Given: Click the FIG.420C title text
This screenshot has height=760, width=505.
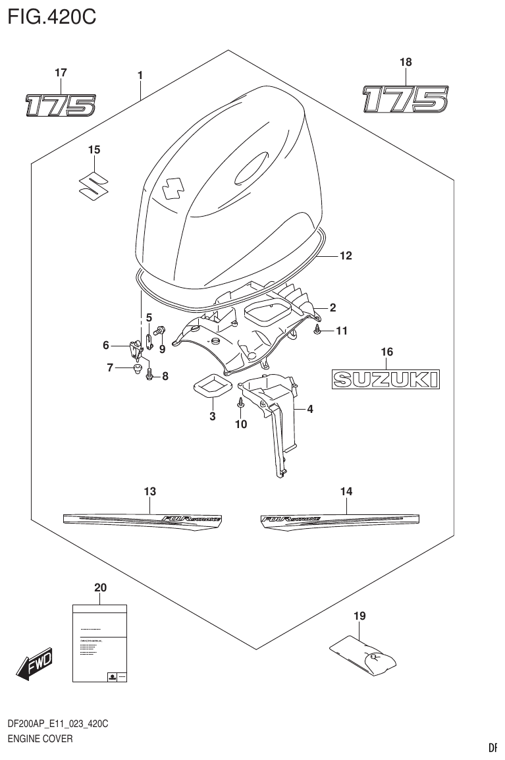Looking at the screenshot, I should pyautogui.click(x=51, y=16).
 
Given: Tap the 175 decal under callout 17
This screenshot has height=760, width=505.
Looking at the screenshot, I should pyautogui.click(x=61, y=105).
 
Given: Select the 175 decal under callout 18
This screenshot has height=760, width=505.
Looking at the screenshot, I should pyautogui.click(x=405, y=99).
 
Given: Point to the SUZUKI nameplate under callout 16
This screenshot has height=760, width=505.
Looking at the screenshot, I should pyautogui.click(x=385, y=379).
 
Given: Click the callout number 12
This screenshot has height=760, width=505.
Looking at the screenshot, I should pyautogui.click(x=346, y=256).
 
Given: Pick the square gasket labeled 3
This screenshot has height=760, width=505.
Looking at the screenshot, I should pyautogui.click(x=212, y=386).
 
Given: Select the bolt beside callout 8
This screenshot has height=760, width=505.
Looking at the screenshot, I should pyautogui.click(x=149, y=375).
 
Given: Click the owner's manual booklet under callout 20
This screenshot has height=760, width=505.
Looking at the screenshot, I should pyautogui.click(x=99, y=643).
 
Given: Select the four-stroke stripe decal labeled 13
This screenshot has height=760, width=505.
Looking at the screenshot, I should pyautogui.click(x=142, y=518).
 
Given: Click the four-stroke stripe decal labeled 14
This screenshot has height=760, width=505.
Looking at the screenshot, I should pyautogui.click(x=336, y=518).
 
